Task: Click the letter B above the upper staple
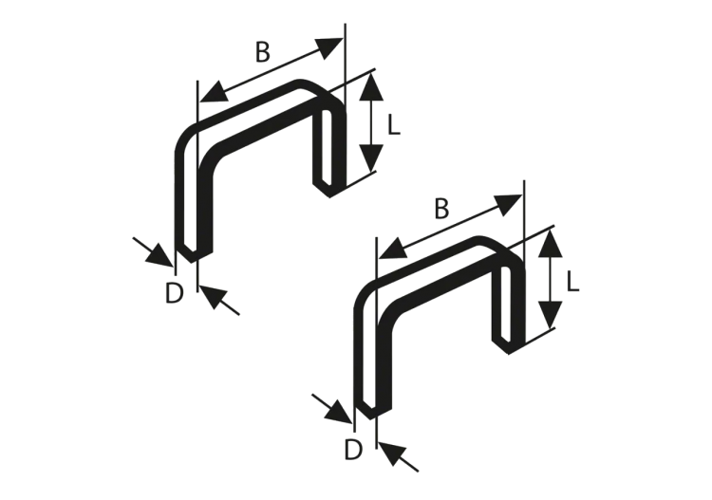click(x=263, y=54)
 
